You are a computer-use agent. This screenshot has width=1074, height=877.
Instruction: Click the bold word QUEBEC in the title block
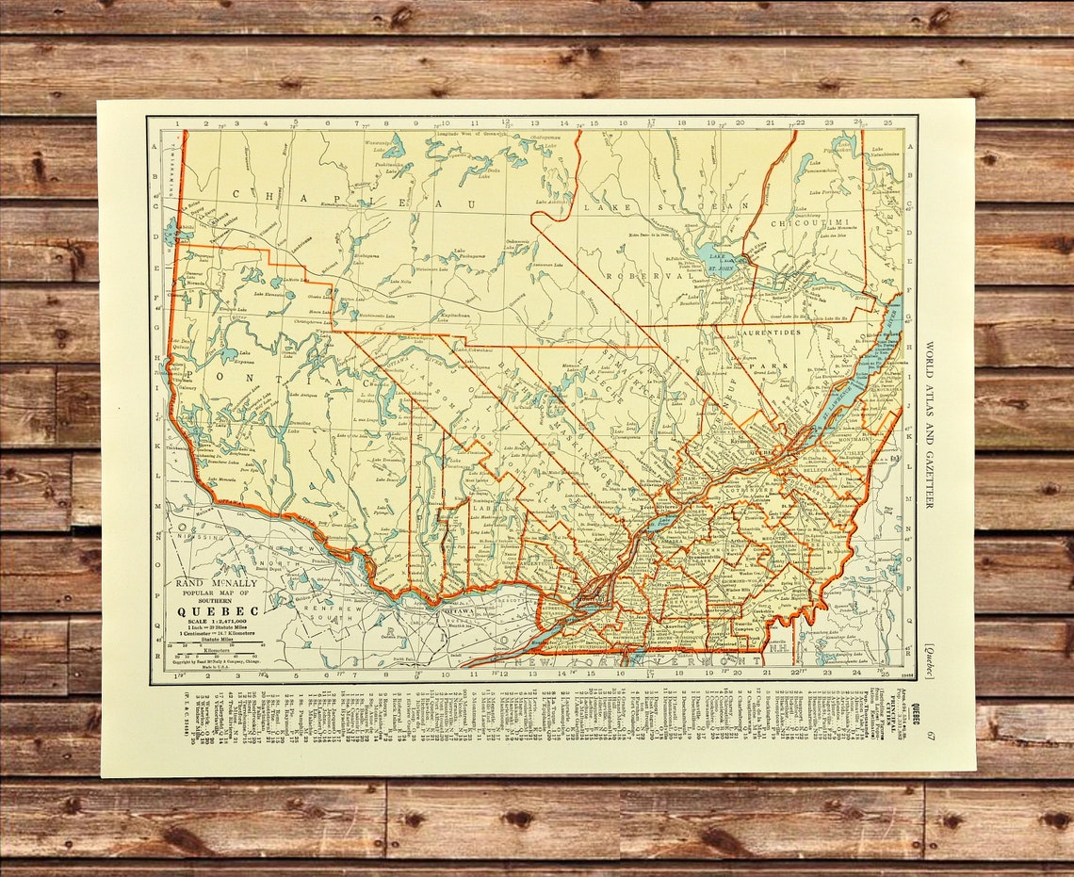(220, 610)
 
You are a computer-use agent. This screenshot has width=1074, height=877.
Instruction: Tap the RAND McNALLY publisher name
(216, 584)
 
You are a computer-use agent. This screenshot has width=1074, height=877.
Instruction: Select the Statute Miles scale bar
(220, 644)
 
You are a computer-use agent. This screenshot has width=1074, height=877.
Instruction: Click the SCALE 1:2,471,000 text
(219, 622)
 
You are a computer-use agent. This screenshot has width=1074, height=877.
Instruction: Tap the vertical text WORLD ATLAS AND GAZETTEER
(928, 424)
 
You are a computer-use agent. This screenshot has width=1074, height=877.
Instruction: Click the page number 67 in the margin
(930, 736)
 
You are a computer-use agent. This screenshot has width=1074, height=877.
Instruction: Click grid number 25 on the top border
(887, 122)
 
